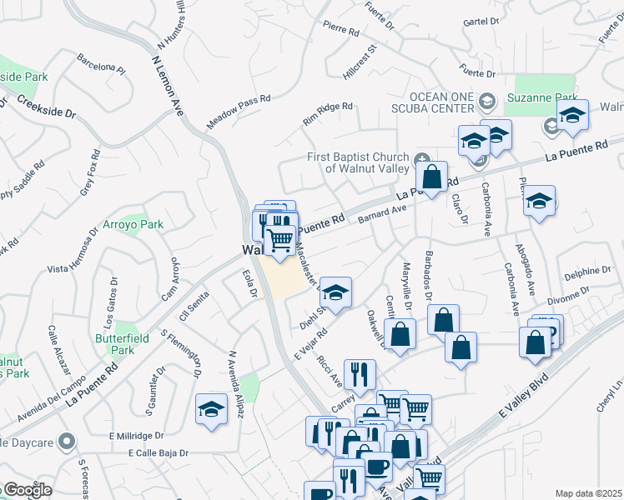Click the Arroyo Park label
tap(133, 225)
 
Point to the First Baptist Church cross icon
tap(423, 159)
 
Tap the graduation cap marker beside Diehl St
tap(335, 292)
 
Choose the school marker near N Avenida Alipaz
tap(212, 409)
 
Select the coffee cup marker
tap(375, 466)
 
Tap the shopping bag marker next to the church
tap(431, 177)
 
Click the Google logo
tap(28, 490)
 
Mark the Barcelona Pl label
tap(101, 64)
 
